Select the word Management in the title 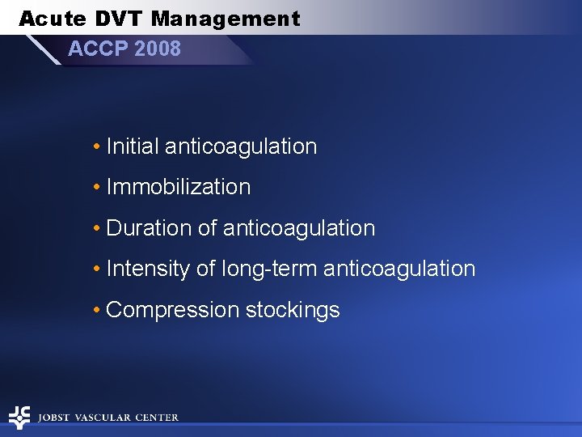[226, 19]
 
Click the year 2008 [158, 49]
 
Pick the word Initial [133, 146]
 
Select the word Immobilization [179, 187]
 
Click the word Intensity [149, 269]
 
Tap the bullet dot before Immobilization [96, 188]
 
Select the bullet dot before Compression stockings [96, 311]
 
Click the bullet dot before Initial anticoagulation [96, 147]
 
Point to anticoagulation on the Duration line [299, 228]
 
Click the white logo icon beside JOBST [19, 417]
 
